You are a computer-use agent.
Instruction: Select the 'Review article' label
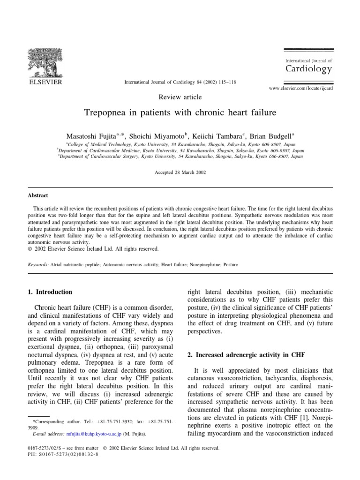[180, 97]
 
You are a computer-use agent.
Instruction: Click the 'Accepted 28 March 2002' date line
[180, 172]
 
